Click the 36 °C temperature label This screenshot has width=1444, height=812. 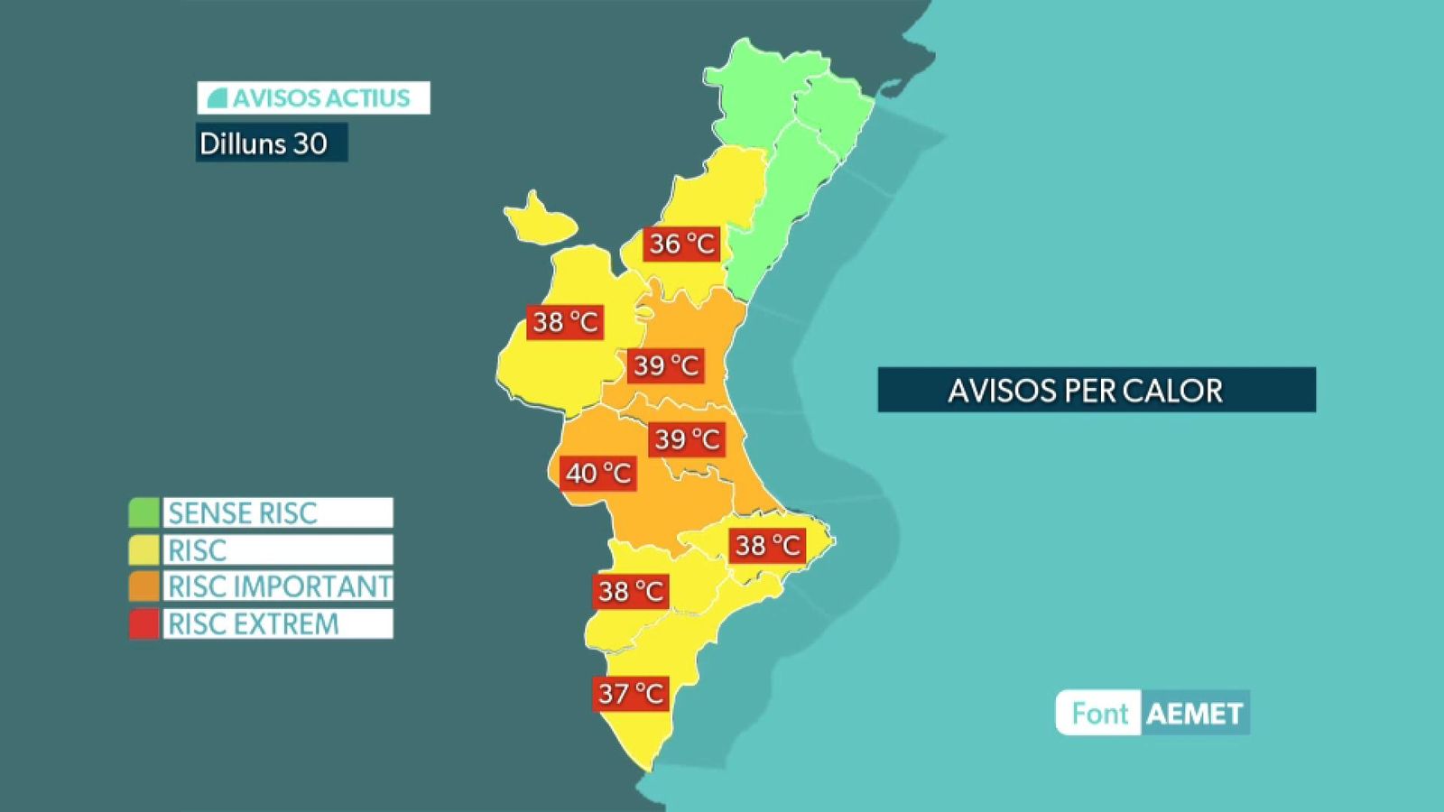[681, 244]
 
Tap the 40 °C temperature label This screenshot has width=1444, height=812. [598, 473]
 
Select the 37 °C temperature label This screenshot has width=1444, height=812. [631, 693]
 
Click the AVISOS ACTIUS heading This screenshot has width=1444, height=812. [313, 97]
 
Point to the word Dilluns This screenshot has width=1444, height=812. [240, 143]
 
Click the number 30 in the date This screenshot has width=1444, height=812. [310, 143]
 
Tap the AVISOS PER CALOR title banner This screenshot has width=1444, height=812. [1096, 390]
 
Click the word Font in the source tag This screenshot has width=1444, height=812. [1099, 714]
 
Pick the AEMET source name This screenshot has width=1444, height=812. [1194, 714]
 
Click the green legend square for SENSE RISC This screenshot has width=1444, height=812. [143, 512]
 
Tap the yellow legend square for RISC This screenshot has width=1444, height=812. [143, 549]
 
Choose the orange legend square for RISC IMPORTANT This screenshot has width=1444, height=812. [143, 586]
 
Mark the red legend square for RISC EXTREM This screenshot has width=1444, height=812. [143, 623]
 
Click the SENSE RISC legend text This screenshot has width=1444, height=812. [243, 513]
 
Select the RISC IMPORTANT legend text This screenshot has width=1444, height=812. [279, 586]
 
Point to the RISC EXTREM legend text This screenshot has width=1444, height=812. [254, 623]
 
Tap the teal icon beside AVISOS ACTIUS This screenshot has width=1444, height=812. [217, 97]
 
